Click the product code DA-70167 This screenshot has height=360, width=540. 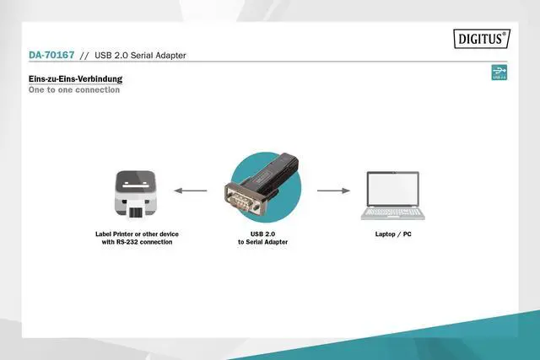pos(51,56)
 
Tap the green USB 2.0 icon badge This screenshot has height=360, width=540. pos(499,73)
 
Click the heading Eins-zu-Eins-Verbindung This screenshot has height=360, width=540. pos(75,79)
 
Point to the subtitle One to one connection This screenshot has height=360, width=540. pos(74,89)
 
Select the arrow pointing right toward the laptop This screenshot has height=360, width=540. pos(333,191)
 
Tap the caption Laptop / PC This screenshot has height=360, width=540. pos(393,234)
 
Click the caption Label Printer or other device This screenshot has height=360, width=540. pos(137,234)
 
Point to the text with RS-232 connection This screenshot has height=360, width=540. pos(137,242)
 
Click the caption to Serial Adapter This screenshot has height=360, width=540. pos(262,242)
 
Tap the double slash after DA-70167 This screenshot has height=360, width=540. pos(84,56)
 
